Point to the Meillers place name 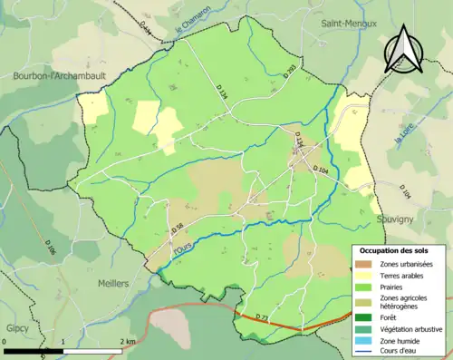[x=113, y=283]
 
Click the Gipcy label [x=16, y=325]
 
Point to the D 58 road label [x=178, y=229]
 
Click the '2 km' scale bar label [x=129, y=340]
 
